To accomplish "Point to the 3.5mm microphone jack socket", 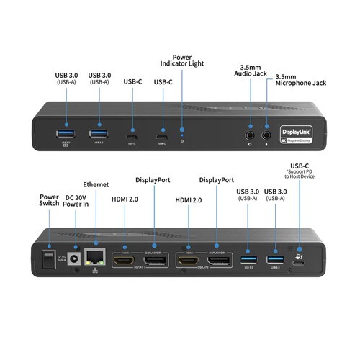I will (267, 132).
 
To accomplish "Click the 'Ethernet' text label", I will (96, 184).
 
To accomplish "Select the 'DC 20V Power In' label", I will (76, 202).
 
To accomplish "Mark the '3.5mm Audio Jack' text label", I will (251, 71).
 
